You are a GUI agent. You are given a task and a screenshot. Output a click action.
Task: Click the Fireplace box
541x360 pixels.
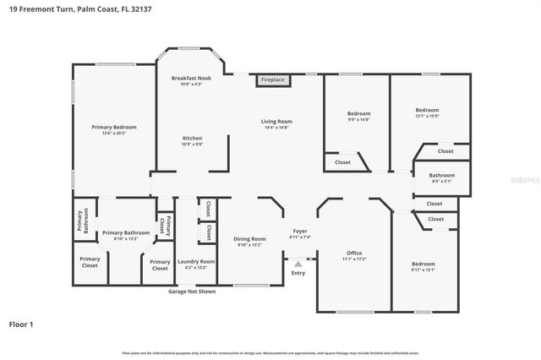[273, 80]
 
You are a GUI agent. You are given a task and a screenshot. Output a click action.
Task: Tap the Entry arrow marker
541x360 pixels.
[298, 265]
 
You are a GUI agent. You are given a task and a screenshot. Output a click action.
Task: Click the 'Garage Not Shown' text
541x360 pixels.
[191, 292]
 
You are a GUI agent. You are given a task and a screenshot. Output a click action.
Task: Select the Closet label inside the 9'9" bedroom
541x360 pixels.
[342, 162]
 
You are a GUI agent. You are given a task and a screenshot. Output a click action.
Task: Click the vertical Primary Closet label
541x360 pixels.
[168, 226]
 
